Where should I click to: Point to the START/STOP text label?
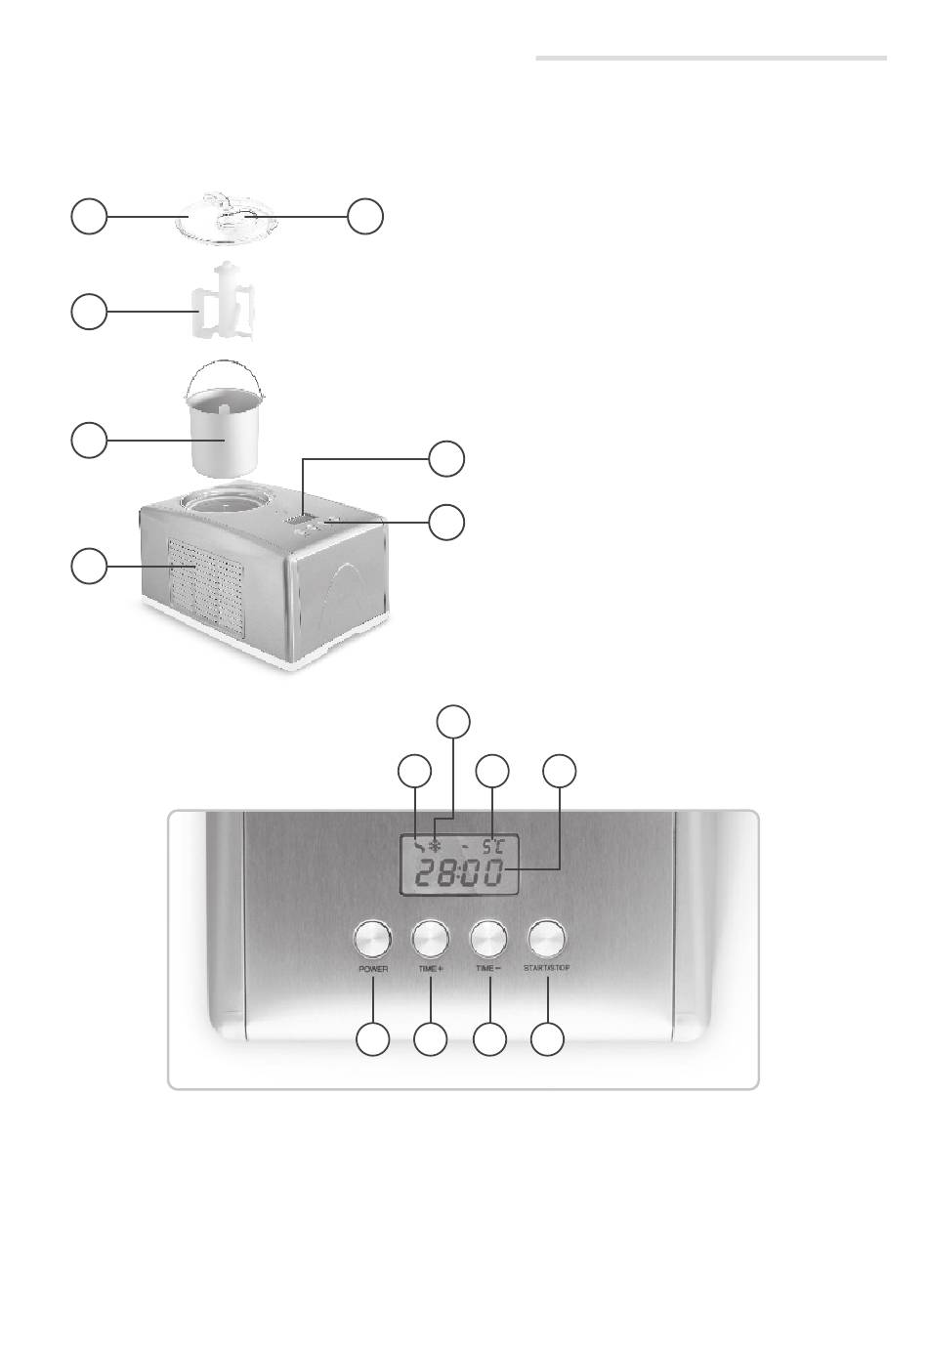point(547,969)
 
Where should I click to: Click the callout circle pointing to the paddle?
point(89,312)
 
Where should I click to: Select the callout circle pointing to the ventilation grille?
point(89,567)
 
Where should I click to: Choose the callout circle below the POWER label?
point(371,1039)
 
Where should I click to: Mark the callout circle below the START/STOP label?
point(548,1039)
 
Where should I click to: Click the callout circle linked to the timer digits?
point(560,770)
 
